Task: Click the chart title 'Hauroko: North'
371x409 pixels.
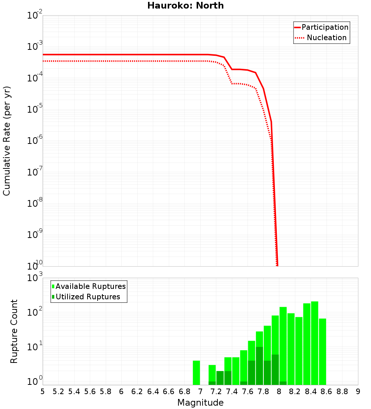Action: pos(185,6)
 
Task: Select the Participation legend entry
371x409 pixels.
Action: pos(321,28)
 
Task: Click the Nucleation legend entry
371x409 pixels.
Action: pos(321,38)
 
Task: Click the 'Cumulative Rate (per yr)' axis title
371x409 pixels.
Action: pos(7,141)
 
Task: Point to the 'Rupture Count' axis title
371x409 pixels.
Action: pos(14,331)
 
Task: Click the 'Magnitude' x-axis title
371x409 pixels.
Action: pos(200,403)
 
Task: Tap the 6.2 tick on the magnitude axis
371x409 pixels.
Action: pos(137,392)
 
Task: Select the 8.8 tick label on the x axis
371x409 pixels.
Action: pos(342,392)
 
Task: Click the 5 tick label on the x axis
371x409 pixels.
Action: pos(43,392)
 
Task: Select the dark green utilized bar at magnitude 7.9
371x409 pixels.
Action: pos(275,370)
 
